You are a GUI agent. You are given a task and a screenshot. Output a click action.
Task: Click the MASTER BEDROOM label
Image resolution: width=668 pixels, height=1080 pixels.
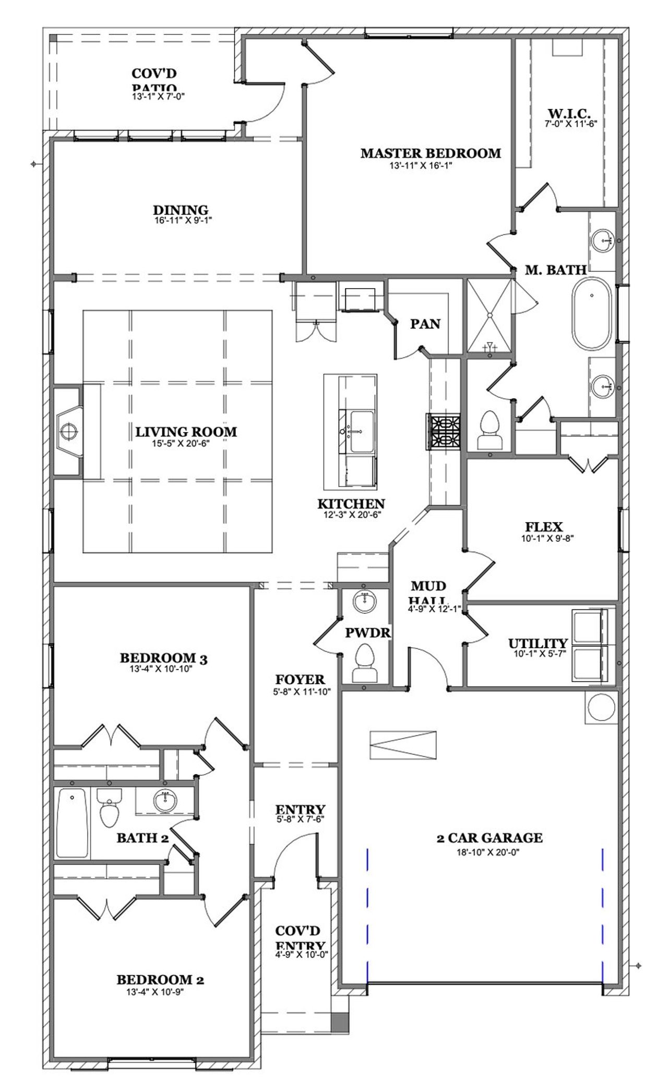(x=431, y=153)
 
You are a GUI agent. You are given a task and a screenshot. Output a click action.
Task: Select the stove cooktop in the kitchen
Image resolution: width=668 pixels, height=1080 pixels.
(x=444, y=431)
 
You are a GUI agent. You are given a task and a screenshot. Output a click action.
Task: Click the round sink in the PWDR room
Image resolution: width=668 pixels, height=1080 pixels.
(x=364, y=601)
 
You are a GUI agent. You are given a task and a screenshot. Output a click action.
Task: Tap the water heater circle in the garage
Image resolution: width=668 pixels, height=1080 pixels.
(x=602, y=707)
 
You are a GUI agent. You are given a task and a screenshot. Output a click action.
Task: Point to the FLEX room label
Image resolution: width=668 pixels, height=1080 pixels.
(x=544, y=527)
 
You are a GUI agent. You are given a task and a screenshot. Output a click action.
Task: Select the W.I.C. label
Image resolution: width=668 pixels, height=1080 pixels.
(x=569, y=113)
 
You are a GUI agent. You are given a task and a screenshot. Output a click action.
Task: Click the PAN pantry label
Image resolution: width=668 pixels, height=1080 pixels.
(x=425, y=324)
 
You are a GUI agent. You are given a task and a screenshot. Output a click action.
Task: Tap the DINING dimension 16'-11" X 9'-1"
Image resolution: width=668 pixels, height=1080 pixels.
(x=183, y=221)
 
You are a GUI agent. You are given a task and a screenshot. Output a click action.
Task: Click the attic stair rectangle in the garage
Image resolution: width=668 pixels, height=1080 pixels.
(x=402, y=745)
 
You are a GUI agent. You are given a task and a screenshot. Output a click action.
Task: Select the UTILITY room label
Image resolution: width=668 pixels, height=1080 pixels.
(x=538, y=644)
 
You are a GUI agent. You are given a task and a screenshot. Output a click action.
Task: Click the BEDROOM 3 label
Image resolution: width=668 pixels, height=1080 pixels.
(x=163, y=659)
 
